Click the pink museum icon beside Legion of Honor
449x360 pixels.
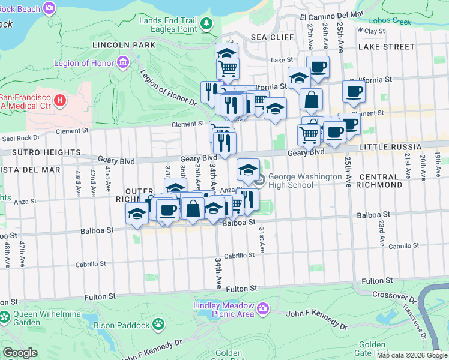[x=124, y=62]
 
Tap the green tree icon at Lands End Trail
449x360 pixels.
[x=207, y=24]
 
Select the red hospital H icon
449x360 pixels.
[x=60, y=100]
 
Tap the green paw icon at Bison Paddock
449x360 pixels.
[x=158, y=325]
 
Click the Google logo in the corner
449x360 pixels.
[x=20, y=353]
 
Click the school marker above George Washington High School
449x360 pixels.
[x=249, y=170]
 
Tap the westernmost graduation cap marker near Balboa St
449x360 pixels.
[x=137, y=214]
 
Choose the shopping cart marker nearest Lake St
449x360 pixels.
[x=228, y=68]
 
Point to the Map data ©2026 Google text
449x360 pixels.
[x=411, y=355]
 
